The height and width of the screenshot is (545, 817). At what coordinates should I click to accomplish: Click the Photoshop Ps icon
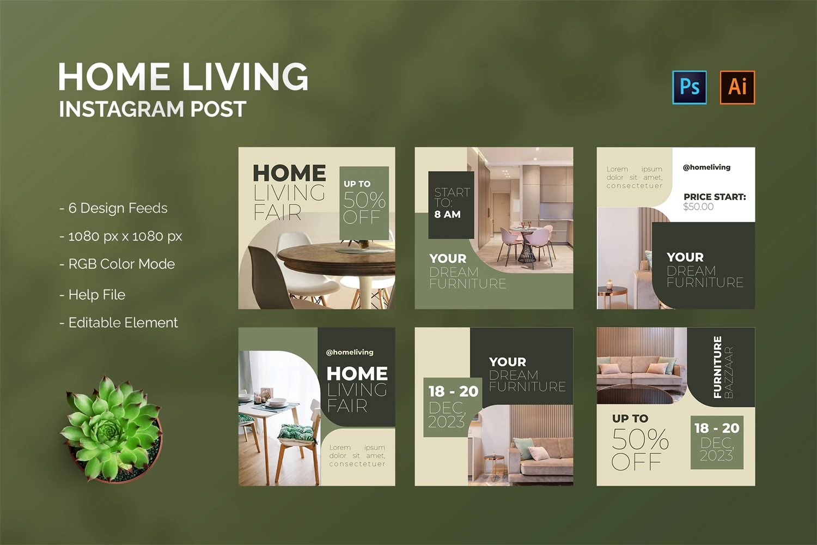point(689,87)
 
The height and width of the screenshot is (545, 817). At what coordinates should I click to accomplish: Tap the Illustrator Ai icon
point(737,87)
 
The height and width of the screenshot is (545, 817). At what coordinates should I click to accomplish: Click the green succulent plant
point(111,428)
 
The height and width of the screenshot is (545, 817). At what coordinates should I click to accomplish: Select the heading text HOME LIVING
point(183,76)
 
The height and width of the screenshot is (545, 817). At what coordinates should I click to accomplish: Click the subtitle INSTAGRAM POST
point(153,109)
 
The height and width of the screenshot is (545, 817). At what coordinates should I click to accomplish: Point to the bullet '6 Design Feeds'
point(113,208)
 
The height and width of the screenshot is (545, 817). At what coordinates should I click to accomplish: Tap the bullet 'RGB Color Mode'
point(117,264)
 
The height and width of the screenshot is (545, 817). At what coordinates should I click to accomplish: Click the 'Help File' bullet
point(92,295)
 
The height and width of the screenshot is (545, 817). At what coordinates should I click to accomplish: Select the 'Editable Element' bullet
point(119,323)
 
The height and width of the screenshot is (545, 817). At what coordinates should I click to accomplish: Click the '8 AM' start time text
point(447,214)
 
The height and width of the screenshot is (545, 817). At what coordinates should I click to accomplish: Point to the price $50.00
point(698,207)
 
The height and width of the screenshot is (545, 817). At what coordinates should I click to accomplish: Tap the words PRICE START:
point(715,197)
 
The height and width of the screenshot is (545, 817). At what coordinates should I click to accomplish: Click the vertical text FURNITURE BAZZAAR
point(723,367)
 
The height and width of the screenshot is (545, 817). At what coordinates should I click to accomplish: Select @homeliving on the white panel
point(706,167)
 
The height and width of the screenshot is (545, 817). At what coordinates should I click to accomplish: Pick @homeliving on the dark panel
point(350,352)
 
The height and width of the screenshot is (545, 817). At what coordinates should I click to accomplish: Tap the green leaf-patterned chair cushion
point(296,432)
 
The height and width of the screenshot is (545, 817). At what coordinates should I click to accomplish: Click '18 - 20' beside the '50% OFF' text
point(717,428)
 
